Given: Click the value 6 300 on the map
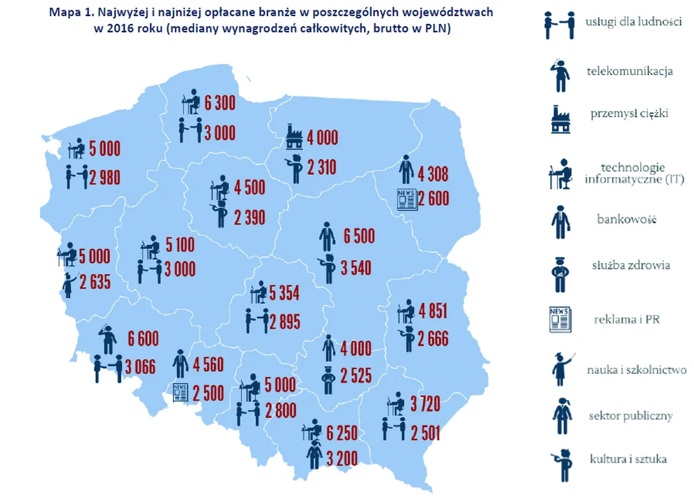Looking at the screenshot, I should (x=220, y=103).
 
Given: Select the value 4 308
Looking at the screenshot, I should (x=433, y=174).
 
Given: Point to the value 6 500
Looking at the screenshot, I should (x=359, y=237).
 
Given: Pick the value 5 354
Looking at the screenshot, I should (x=284, y=294).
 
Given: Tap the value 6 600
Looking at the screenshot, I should (x=143, y=338).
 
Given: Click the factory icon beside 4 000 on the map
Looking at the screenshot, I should (x=294, y=138).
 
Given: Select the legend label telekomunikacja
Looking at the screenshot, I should (x=629, y=71).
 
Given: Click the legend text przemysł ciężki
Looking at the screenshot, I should (x=628, y=114).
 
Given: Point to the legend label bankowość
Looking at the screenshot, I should (x=627, y=219).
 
